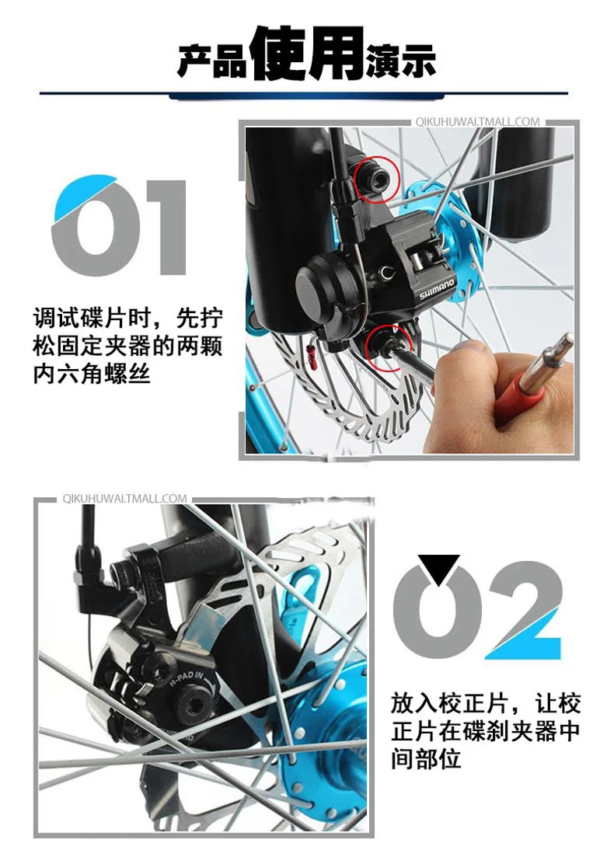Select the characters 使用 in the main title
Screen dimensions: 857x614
click(x=307, y=54)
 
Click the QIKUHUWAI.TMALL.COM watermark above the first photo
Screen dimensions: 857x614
click(x=476, y=121)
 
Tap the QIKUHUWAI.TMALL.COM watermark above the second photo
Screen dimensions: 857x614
click(x=124, y=498)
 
